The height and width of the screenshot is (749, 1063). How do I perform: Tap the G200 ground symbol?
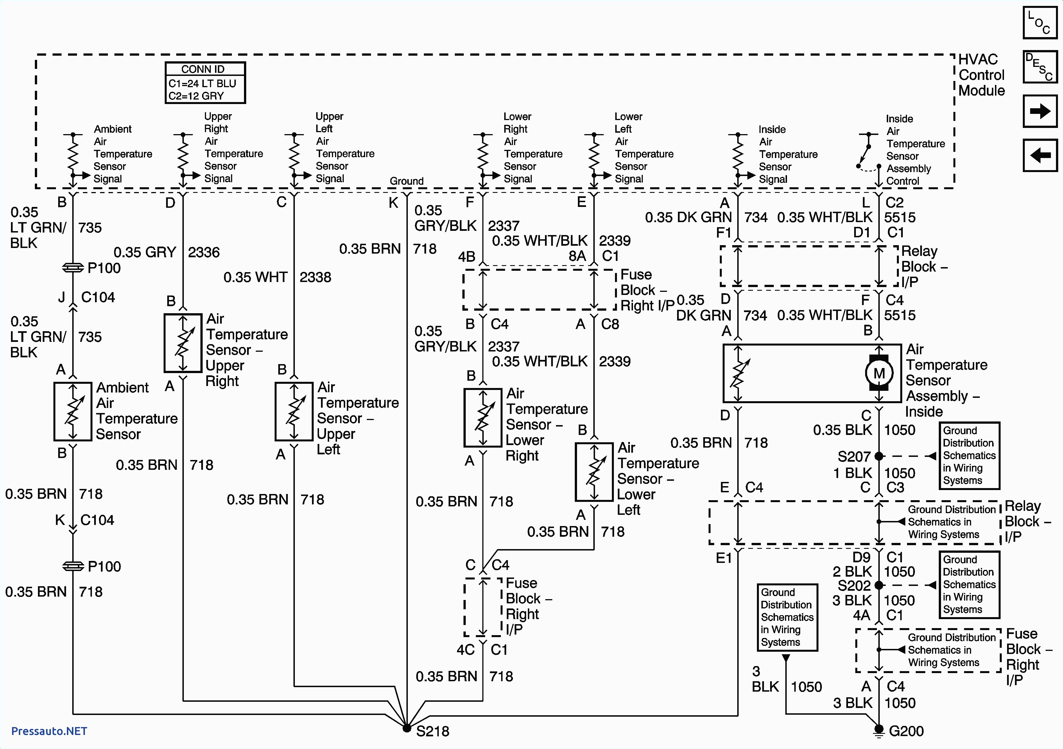(878, 730)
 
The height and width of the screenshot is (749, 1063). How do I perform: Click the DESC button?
(1040, 67)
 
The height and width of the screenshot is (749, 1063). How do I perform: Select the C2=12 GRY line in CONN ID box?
(196, 96)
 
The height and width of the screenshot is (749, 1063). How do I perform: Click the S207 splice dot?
(879, 456)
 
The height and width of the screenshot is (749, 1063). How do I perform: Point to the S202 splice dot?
(879, 585)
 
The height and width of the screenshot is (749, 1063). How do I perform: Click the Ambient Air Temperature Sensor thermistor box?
(73, 411)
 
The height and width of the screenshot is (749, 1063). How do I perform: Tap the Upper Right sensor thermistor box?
(183, 343)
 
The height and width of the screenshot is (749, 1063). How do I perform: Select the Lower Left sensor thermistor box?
(594, 471)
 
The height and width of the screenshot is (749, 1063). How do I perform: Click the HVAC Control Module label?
(981, 75)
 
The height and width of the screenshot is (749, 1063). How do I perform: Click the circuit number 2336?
(204, 252)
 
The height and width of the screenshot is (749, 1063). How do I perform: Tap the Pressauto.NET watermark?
(49, 731)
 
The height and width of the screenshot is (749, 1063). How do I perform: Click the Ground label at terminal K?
(406, 181)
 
